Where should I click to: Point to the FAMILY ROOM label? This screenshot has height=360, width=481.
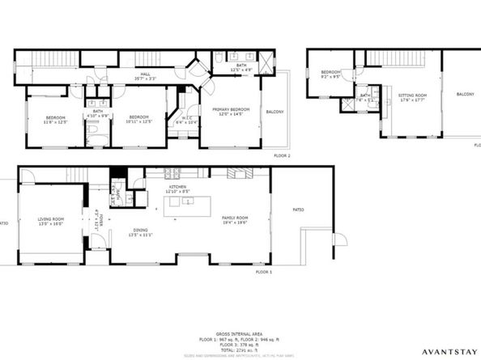click(234, 218)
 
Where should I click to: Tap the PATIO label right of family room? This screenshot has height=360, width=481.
click(298, 210)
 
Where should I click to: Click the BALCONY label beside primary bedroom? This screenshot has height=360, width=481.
click(275, 112)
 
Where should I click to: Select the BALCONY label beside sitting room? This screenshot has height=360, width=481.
click(465, 95)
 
